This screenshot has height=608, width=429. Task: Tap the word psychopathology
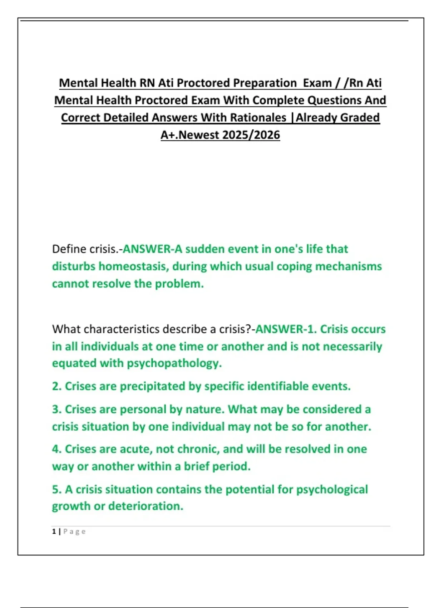174,363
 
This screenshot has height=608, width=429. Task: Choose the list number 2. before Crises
57,386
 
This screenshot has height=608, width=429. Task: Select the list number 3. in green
57,409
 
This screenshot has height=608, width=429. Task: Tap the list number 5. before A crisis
57,489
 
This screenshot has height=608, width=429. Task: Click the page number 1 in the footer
54,531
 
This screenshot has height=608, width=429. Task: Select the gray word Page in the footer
74,531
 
